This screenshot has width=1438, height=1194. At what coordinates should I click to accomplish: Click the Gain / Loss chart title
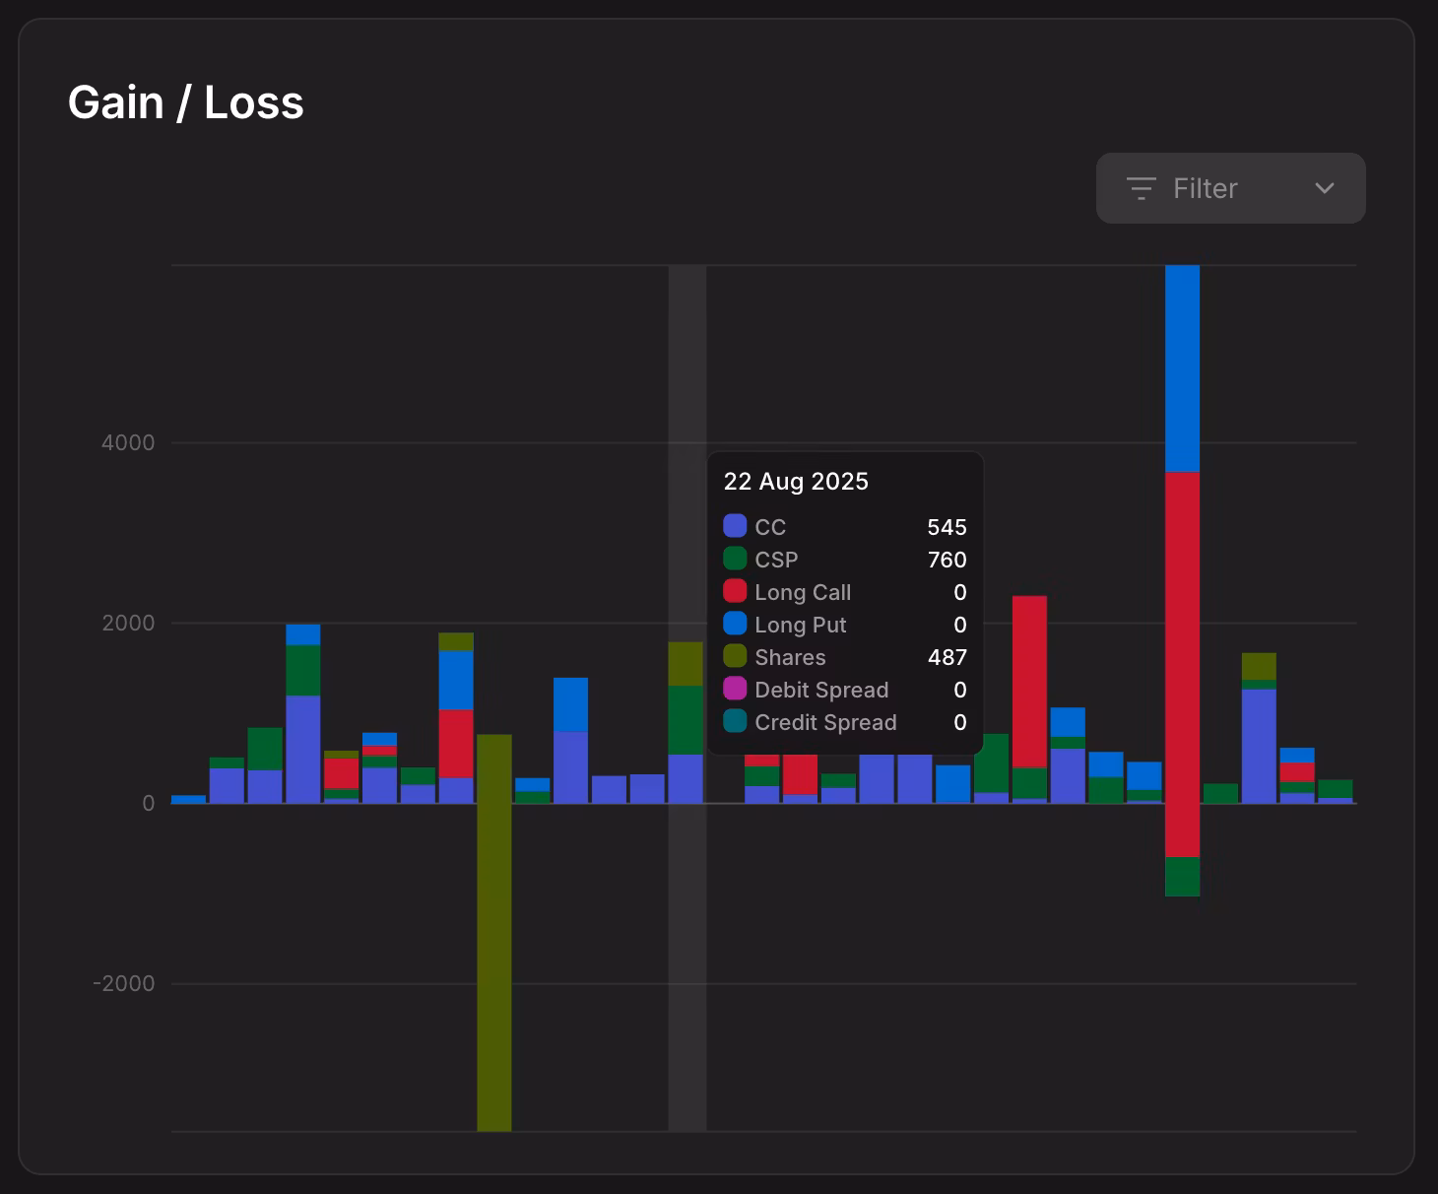pyautogui.click(x=185, y=102)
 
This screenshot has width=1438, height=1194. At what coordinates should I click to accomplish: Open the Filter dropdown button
pyautogui.click(x=1230, y=188)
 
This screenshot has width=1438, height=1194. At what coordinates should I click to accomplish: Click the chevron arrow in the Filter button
pyautogui.click(x=1325, y=188)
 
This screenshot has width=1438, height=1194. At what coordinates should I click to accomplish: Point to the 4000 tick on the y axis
pyautogui.click(x=128, y=442)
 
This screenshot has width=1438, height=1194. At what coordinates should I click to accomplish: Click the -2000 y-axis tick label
pyautogui.click(x=124, y=983)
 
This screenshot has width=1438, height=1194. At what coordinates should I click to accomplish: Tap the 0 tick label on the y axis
pyautogui.click(x=149, y=803)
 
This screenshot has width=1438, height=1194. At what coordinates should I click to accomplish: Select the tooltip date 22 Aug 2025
pyautogui.click(x=796, y=481)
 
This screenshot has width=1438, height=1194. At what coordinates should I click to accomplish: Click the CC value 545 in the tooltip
pyautogui.click(x=947, y=527)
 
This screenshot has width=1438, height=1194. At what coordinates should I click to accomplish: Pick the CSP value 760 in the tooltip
pyautogui.click(x=947, y=560)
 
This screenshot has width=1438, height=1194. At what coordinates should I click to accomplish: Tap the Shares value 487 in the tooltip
pyautogui.click(x=947, y=657)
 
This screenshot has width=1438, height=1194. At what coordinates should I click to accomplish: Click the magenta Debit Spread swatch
pyautogui.click(x=735, y=689)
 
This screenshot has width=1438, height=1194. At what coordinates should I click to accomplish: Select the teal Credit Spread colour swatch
pyautogui.click(x=735, y=721)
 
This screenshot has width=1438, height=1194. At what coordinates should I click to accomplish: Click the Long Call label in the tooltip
pyautogui.click(x=803, y=592)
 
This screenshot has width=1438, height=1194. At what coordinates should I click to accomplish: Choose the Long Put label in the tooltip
pyautogui.click(x=801, y=625)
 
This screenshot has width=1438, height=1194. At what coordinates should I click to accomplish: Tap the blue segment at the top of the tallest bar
pyautogui.click(x=1182, y=368)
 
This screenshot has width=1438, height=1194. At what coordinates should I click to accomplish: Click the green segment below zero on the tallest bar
pyautogui.click(x=1182, y=876)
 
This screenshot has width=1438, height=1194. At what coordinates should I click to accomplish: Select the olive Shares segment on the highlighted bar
pyautogui.click(x=686, y=663)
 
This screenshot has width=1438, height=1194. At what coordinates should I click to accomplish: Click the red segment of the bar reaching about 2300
pyautogui.click(x=1029, y=681)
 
